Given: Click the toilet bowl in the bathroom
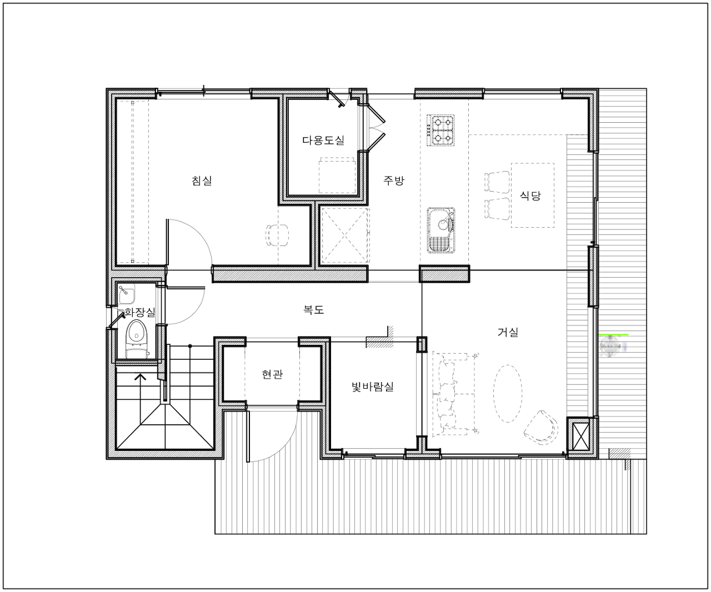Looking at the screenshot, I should click(x=135, y=334).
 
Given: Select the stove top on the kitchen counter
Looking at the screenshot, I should click(x=441, y=130).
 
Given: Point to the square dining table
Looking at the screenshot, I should click(x=532, y=195).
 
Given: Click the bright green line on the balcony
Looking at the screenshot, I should click(x=614, y=334).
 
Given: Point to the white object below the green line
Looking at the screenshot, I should click(x=612, y=347).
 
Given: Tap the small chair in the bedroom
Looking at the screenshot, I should click(x=277, y=236).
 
